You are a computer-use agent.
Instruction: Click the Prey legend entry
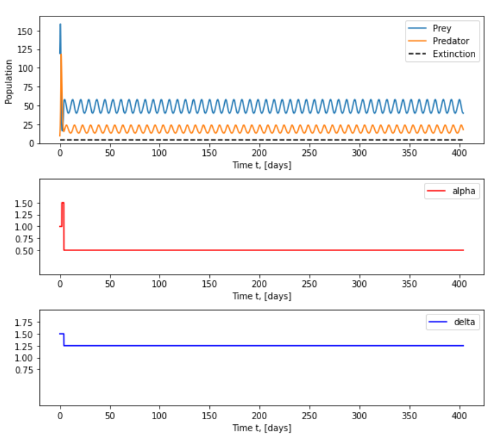[x=442, y=28]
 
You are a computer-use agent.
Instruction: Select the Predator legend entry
[x=442, y=41]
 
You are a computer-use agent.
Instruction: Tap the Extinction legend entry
[x=442, y=54]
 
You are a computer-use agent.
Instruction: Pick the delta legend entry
[x=452, y=322]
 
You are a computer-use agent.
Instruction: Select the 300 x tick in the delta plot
[x=359, y=416]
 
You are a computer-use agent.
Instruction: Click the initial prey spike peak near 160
[x=60, y=24]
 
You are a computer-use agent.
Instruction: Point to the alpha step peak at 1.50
[x=63, y=203]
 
